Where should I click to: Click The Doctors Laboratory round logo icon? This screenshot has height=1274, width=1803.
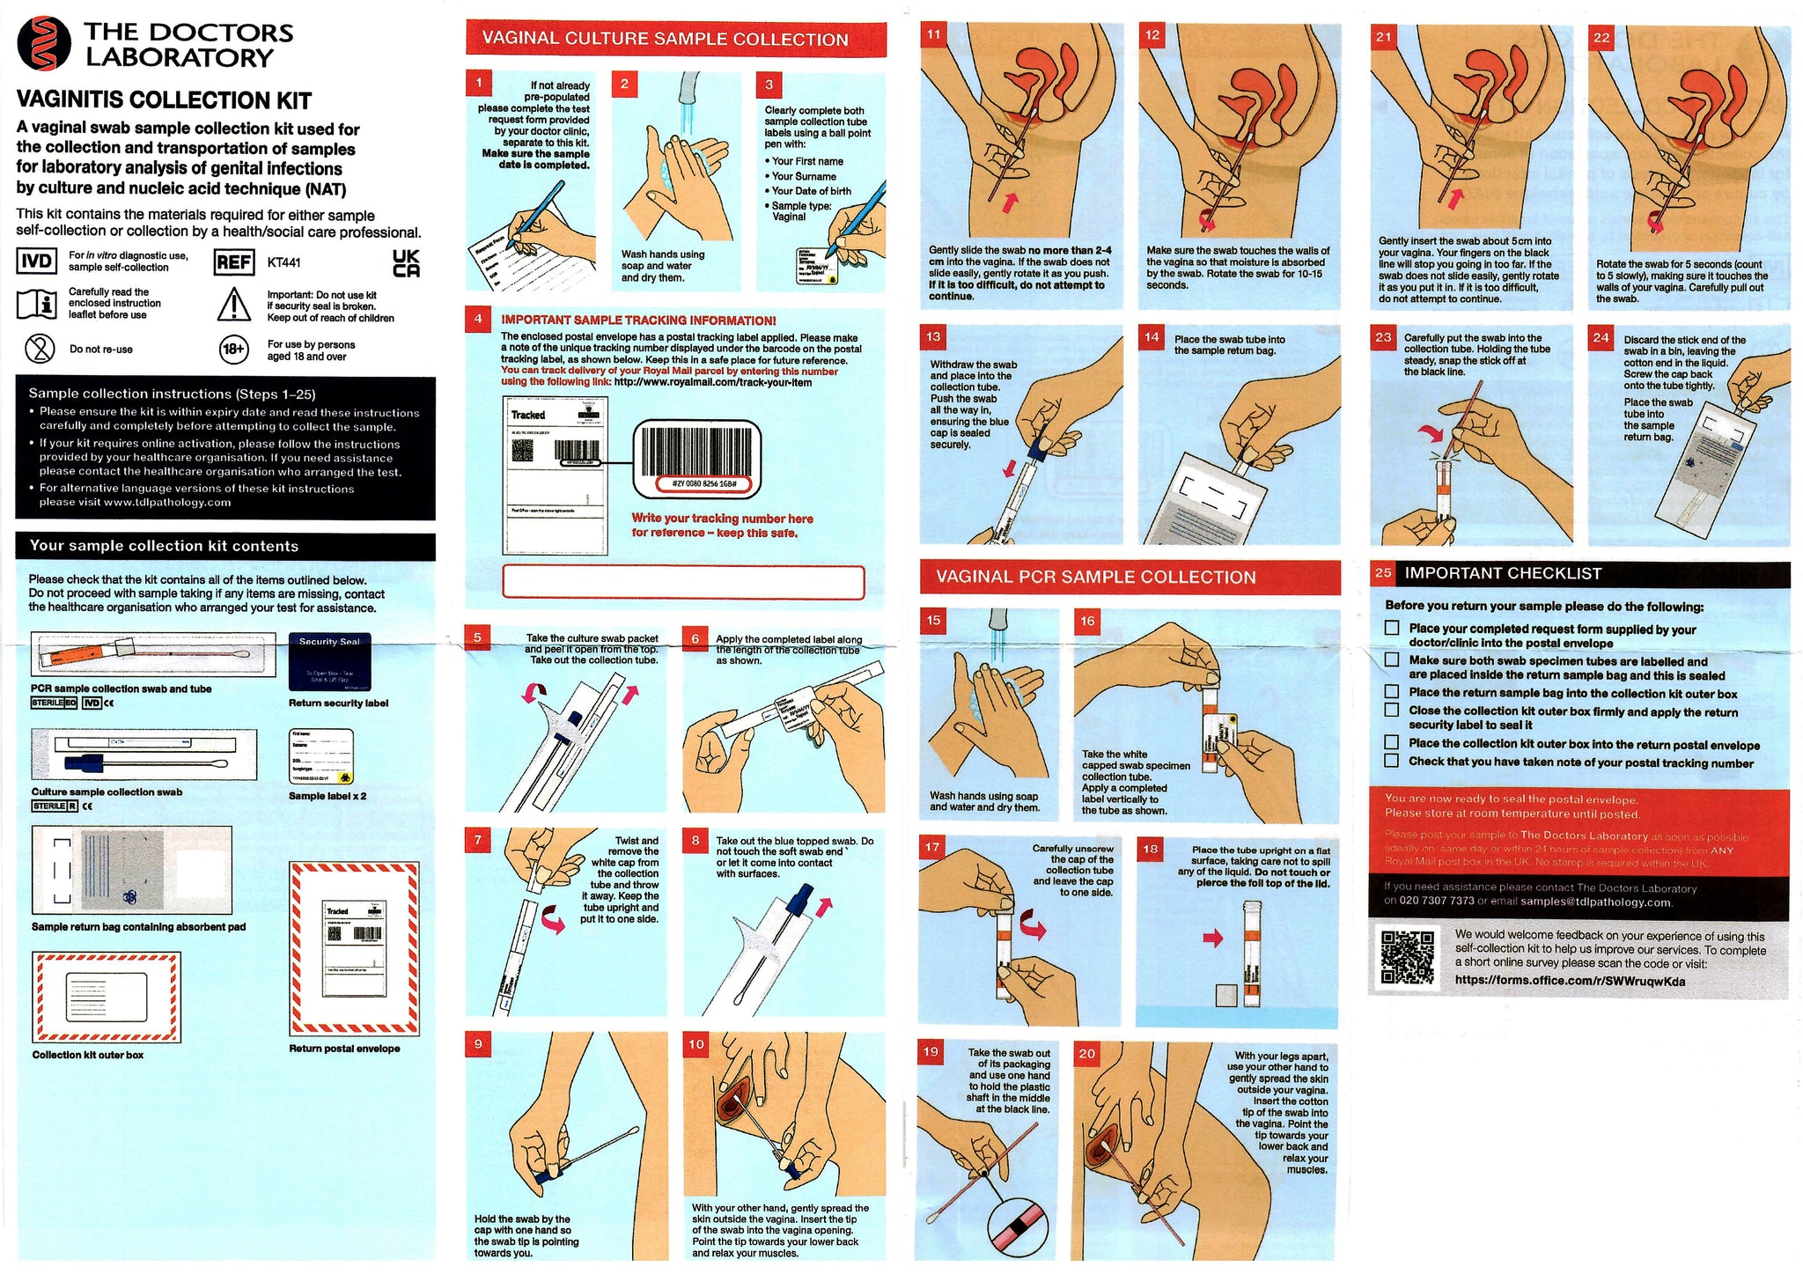coord(43,43)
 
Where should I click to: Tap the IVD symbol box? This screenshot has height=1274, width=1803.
coord(36,261)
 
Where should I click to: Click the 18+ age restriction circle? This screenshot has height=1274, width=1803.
coord(233,350)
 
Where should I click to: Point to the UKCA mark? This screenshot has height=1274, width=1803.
coord(406,263)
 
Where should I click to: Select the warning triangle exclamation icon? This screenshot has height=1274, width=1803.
coord(234,305)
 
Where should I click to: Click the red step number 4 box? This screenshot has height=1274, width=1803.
coord(478,319)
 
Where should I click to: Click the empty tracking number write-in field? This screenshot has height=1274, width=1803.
coord(683,582)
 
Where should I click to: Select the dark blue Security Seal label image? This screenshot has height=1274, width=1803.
coord(329,662)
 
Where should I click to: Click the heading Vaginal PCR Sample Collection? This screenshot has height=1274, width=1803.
coord(1095,578)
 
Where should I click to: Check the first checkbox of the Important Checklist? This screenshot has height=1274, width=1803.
coord(1392,628)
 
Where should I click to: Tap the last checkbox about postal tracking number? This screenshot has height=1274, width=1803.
coord(1392,761)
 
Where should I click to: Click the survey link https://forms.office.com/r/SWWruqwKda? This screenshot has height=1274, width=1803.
coord(1570,981)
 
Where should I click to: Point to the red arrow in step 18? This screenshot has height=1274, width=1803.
coord(1213,939)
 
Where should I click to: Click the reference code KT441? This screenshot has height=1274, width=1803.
coord(283,262)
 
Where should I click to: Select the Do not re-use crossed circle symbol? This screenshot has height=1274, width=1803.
coord(40,349)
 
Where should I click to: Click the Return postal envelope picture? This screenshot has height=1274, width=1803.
coord(354,947)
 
